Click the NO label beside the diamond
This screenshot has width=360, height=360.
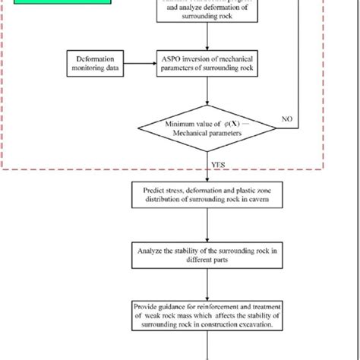click(x=286, y=119)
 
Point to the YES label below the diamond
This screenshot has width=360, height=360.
click(x=216, y=161)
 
